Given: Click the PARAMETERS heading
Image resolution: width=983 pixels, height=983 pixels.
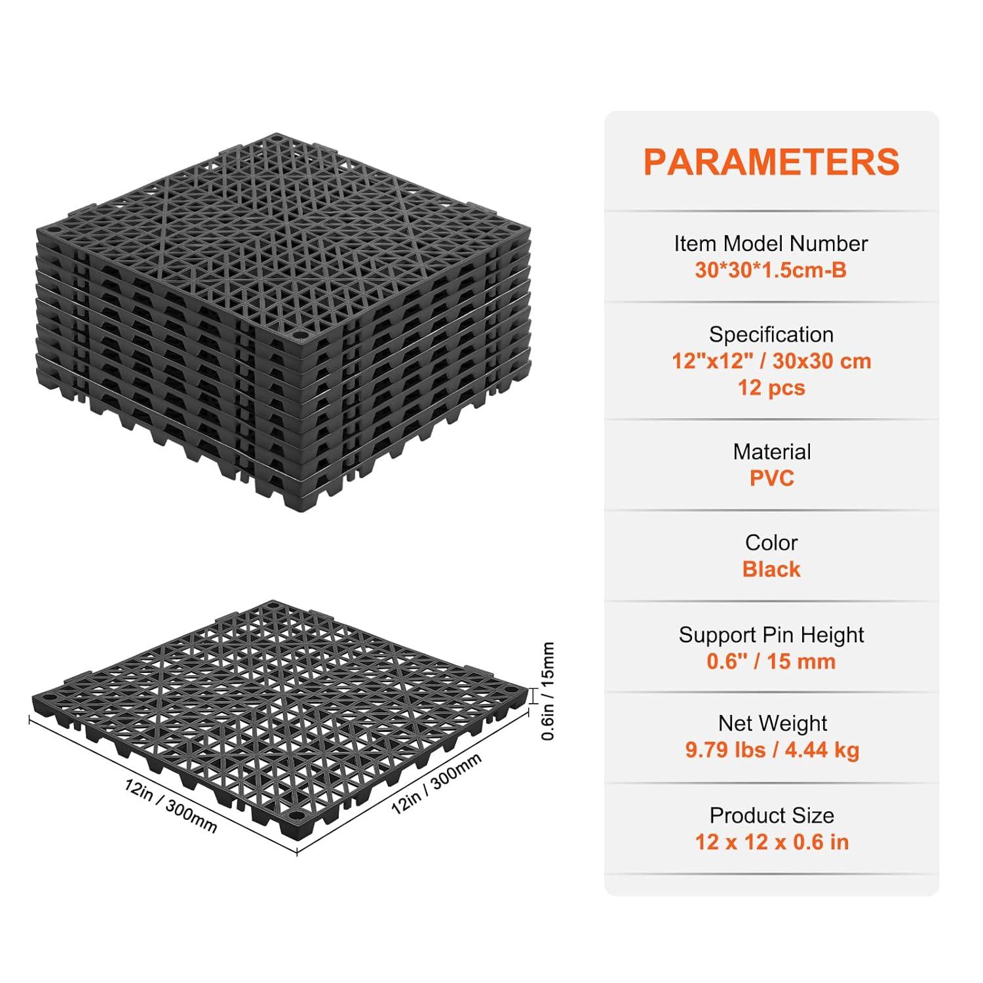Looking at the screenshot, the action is (771, 162).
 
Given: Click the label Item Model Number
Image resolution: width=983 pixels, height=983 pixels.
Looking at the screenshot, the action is (771, 244).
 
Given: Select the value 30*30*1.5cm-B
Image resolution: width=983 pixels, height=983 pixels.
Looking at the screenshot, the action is (771, 270).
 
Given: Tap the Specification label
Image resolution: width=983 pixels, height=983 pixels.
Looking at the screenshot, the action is (771, 335).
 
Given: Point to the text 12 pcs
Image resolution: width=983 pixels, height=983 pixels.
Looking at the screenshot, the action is (771, 387).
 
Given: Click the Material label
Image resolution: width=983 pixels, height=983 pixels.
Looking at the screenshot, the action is (771, 452).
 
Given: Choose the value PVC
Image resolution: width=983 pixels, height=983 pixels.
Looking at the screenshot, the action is (771, 478).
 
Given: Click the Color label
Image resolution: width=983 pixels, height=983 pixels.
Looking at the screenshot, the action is (771, 543).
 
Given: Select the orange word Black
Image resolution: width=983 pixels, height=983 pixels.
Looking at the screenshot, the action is (771, 569).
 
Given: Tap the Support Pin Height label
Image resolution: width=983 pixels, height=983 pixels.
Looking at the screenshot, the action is (771, 635).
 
